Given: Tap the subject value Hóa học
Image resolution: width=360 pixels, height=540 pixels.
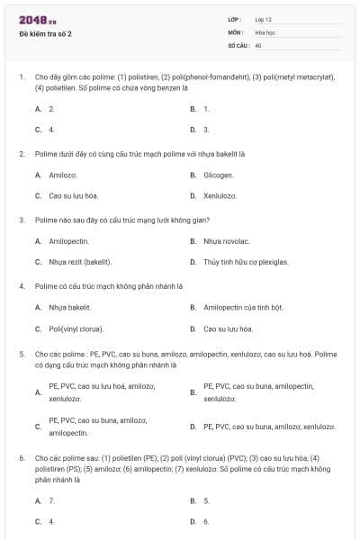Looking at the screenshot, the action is pos(265,31).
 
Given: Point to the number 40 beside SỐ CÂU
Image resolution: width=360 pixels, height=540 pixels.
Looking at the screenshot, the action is pos(258,44).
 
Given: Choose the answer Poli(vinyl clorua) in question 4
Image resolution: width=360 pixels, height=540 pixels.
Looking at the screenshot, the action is pos(76,328).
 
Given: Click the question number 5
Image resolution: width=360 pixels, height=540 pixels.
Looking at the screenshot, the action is pos(22,355).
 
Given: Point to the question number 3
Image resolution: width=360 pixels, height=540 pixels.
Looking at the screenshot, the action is pos(22,220).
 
